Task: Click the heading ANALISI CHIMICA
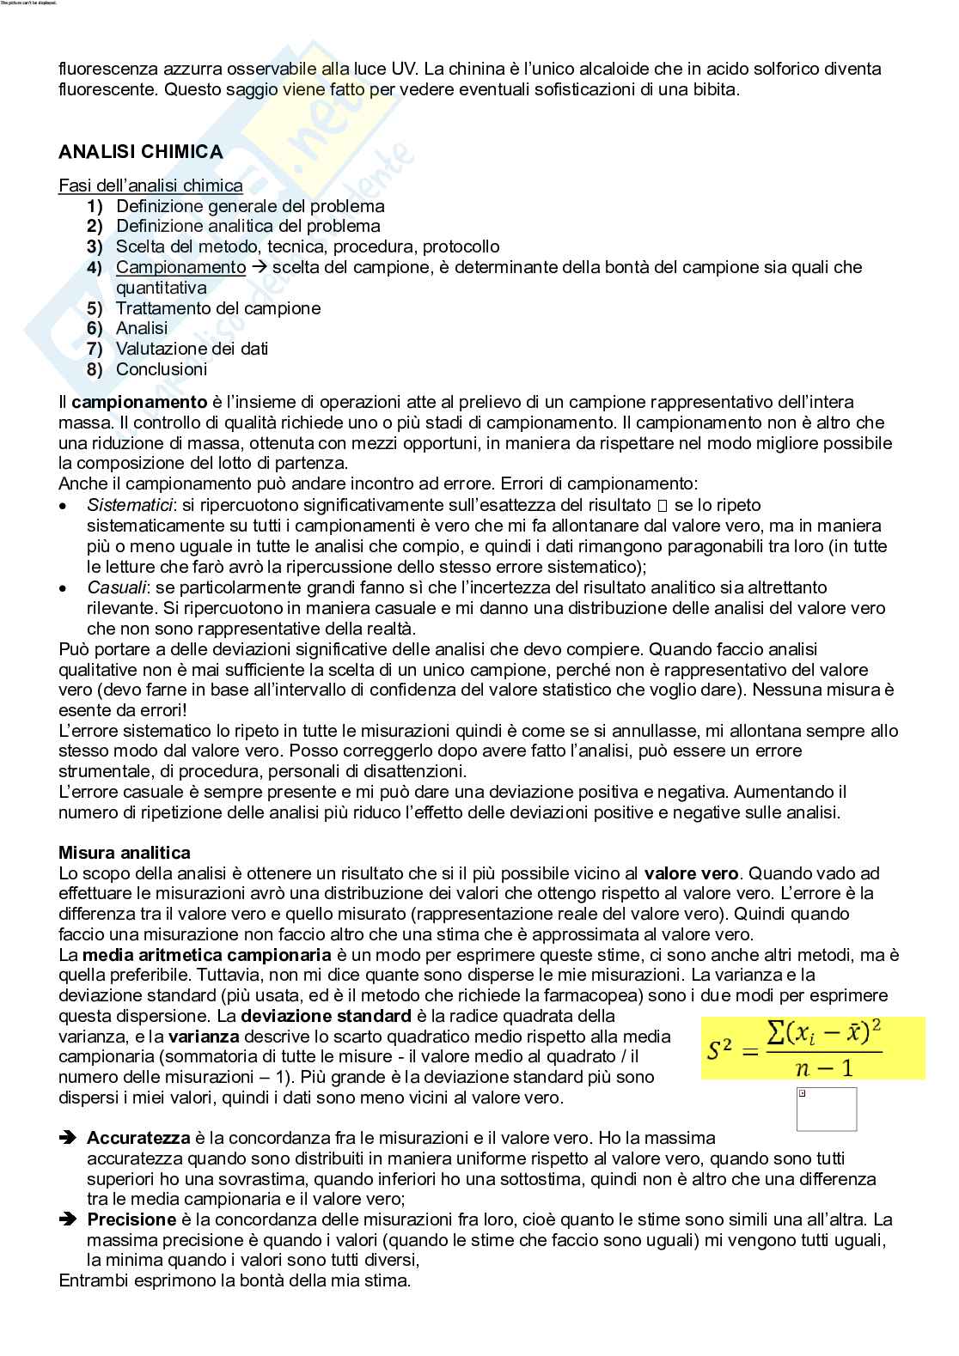point(140,152)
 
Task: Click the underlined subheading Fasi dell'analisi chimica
point(150,185)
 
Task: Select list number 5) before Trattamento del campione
point(95,308)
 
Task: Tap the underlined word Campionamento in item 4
point(180,267)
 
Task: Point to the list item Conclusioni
point(162,369)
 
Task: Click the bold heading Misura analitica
point(125,853)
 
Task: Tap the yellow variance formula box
point(812,1049)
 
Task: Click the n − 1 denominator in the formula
point(823,1067)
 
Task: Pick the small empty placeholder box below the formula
point(827,1109)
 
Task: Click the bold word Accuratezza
point(138,1138)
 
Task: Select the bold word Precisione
point(131,1219)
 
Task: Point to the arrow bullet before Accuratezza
point(68,1138)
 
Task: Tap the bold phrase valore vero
point(691,873)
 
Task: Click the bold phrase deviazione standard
point(327,1016)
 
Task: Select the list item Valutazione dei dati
point(192,349)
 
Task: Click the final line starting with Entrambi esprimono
point(235,1280)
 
